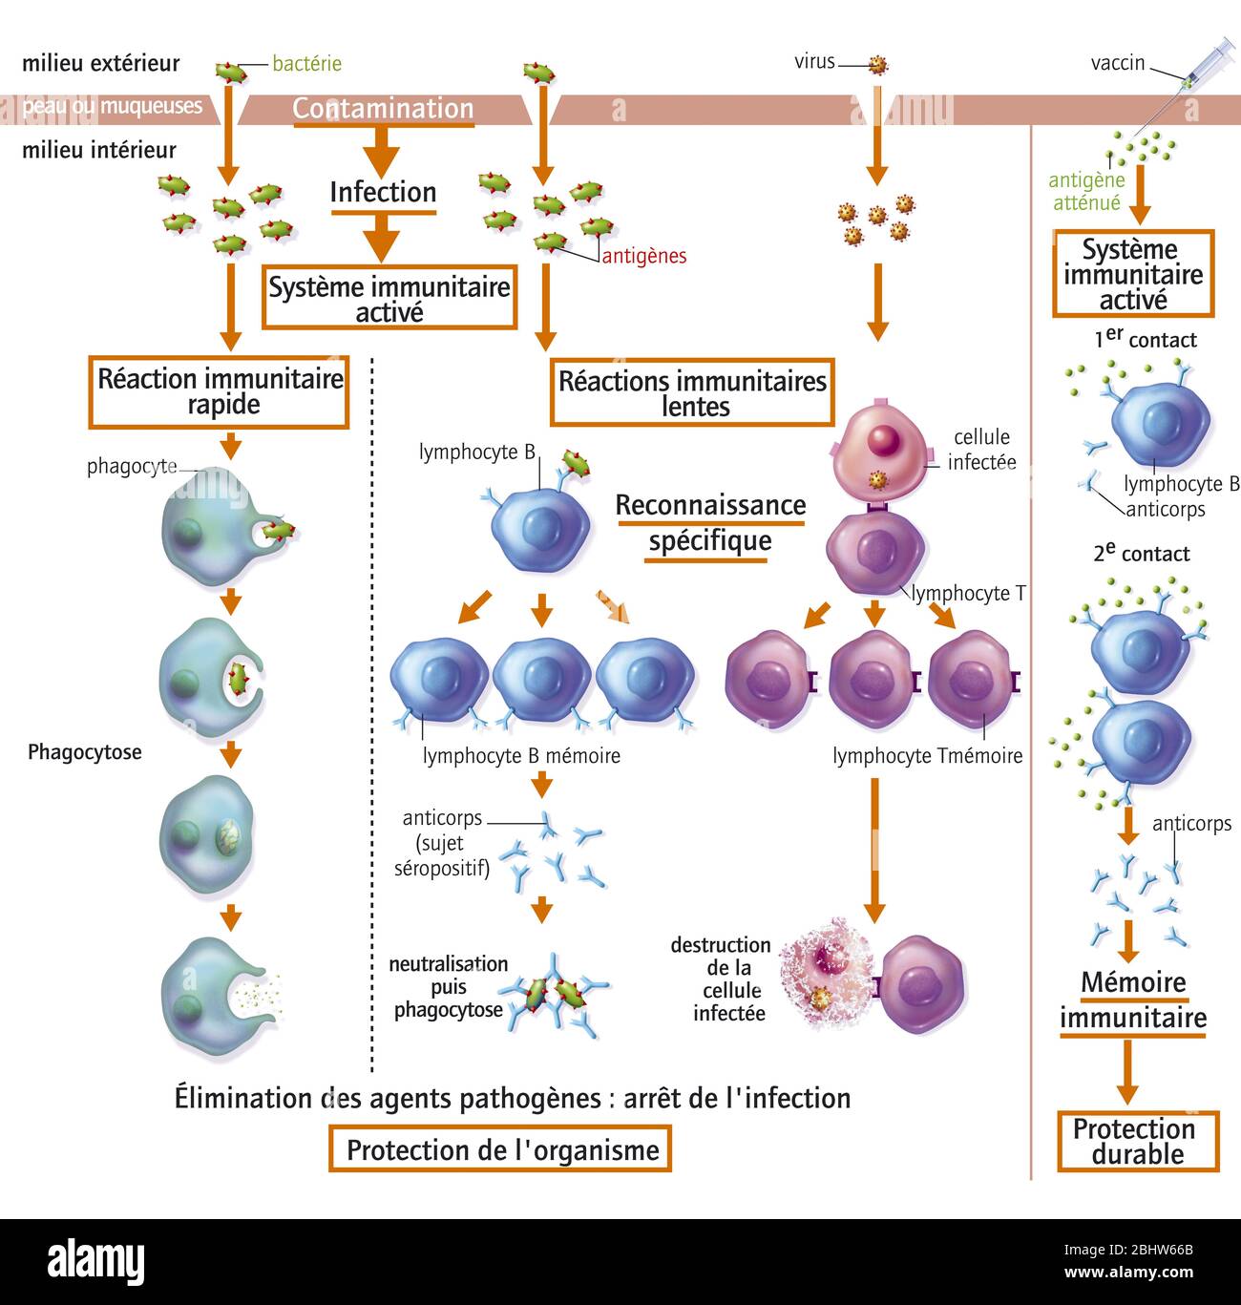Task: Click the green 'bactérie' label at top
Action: coord(306,64)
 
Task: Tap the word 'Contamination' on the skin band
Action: coord(383,109)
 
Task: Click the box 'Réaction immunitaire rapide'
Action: coord(220,391)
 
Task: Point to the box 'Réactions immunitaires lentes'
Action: coord(692,393)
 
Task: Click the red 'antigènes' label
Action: coord(644,256)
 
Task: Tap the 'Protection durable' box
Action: coord(1137,1141)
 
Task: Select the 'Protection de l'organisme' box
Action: coord(500,1149)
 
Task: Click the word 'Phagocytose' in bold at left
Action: coord(84,752)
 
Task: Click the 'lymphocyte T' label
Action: coord(968,594)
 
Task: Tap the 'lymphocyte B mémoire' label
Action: coord(521,756)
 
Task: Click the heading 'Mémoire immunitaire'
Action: coord(1133,1000)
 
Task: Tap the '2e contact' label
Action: coord(1141,554)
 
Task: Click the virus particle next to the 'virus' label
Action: coord(877,64)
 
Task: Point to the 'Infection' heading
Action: coord(383,192)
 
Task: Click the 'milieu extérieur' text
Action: coord(101,64)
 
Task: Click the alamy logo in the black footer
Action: coord(95,1261)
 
